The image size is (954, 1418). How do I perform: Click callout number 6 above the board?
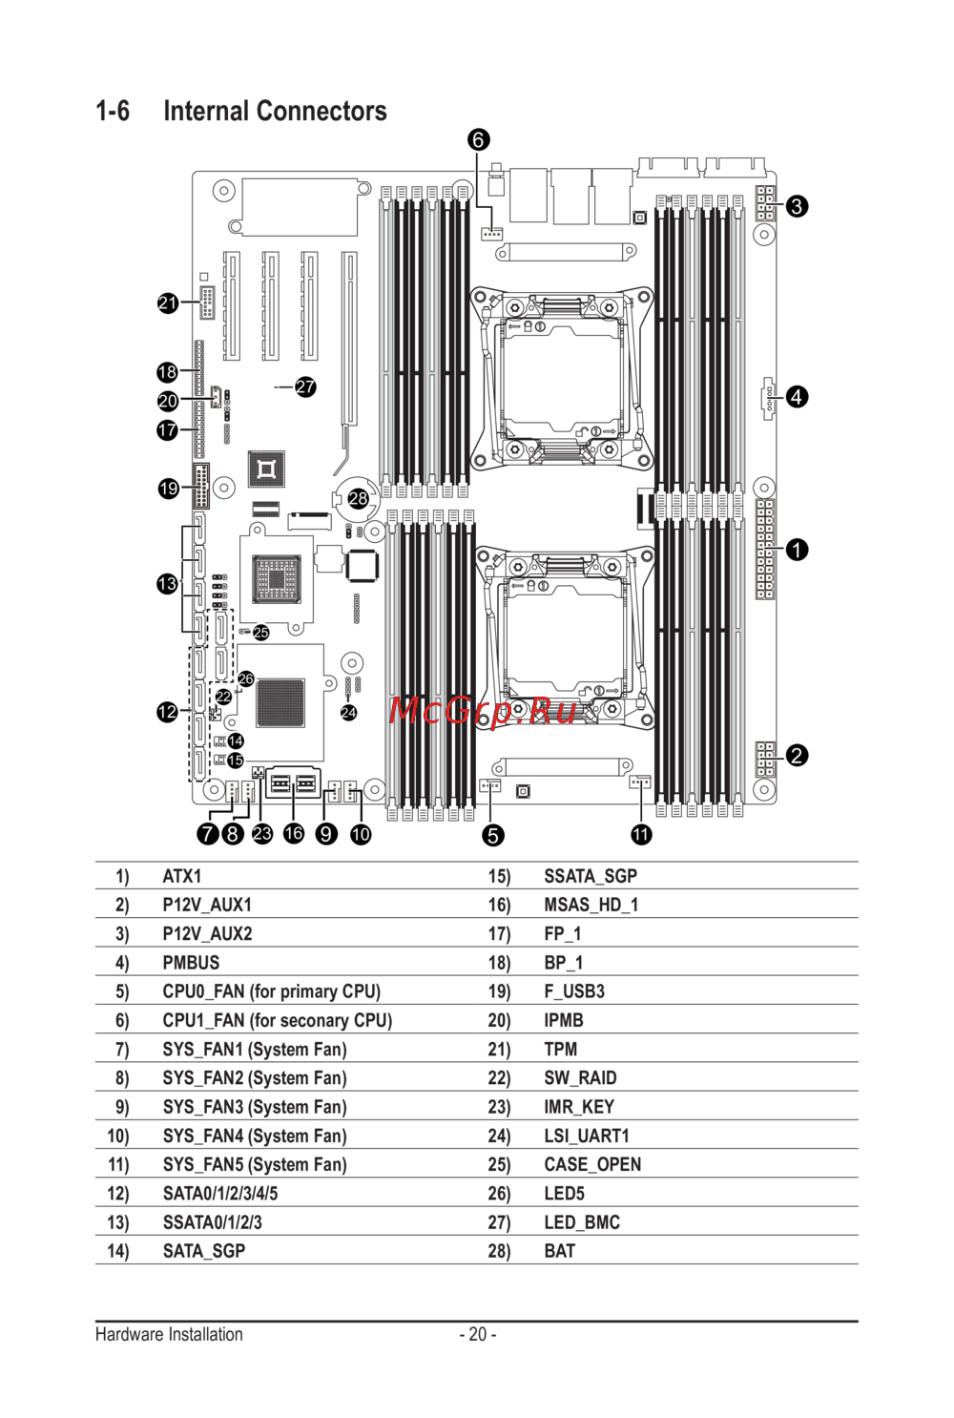click(479, 140)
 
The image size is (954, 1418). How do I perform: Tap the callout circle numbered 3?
click(797, 206)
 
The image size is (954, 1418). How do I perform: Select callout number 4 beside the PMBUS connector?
click(797, 396)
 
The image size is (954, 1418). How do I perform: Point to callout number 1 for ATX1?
click(797, 550)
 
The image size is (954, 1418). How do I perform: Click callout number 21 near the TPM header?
click(168, 303)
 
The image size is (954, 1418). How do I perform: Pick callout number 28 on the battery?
click(358, 498)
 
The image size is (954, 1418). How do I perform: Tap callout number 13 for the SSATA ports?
click(168, 583)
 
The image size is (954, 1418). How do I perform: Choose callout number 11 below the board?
click(641, 834)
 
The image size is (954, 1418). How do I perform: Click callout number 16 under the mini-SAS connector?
click(294, 833)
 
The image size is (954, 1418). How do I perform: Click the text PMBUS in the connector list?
click(191, 963)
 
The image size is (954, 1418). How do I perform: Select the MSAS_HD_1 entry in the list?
click(591, 905)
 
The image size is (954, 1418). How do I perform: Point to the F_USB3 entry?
click(574, 991)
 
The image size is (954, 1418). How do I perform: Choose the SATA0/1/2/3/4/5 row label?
click(220, 1194)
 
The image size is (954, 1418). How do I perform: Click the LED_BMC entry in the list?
click(582, 1222)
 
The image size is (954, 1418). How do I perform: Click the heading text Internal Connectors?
click(275, 112)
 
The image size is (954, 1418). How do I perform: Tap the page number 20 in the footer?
click(478, 1334)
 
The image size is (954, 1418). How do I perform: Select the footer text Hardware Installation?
click(169, 1334)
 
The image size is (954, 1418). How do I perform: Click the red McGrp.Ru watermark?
click(484, 710)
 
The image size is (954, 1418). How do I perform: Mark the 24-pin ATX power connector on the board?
click(765, 549)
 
